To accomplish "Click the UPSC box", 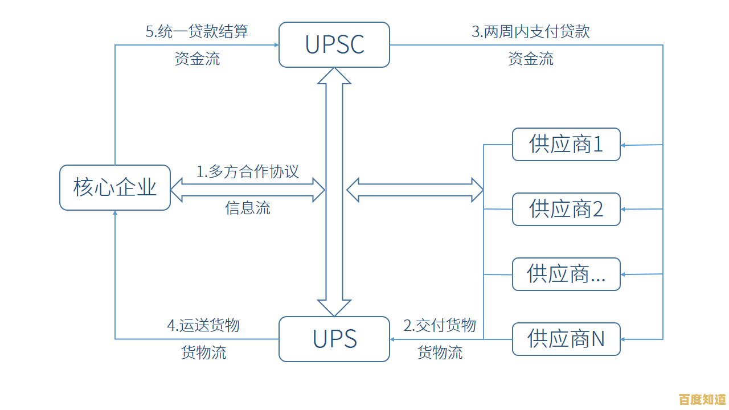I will [x=334, y=44].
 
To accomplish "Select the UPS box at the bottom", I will [x=334, y=339].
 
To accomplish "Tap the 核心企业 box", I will [x=115, y=187].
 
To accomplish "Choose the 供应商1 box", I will [x=566, y=145].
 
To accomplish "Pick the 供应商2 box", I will [x=566, y=209].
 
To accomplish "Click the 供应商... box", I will [x=566, y=274].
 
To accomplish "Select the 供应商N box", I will [x=566, y=339].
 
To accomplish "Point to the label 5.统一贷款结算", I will [x=197, y=31].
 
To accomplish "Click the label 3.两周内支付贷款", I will [x=530, y=31].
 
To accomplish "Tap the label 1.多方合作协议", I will [x=248, y=171].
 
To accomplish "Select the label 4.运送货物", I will [x=203, y=325].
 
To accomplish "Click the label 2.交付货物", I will [x=439, y=325].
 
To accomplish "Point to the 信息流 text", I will [x=248, y=208].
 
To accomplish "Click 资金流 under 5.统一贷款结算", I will [x=197, y=59].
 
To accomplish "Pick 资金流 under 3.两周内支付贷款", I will [x=530, y=59].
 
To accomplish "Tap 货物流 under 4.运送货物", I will [x=203, y=352].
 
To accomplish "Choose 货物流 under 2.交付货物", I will [x=440, y=352].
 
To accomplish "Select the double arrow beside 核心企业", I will [x=248, y=190].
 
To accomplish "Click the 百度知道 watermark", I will [x=703, y=399].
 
